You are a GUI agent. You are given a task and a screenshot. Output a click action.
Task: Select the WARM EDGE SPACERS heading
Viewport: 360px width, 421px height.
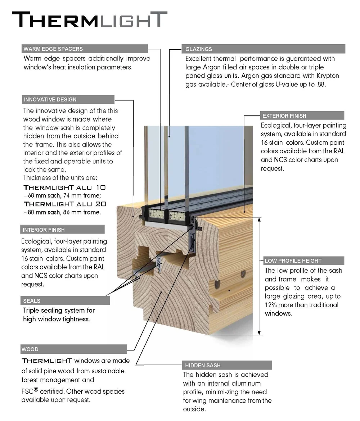coord(53,49)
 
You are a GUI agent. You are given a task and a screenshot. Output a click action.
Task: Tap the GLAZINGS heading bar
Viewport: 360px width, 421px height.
coord(199,49)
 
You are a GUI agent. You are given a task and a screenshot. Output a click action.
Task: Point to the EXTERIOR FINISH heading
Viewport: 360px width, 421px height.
coord(284,116)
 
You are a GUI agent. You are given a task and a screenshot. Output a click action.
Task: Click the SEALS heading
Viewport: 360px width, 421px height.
coord(32,300)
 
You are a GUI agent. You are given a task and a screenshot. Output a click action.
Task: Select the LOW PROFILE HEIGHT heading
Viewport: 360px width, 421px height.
coord(293,261)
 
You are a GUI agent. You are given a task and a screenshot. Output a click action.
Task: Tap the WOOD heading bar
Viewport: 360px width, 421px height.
coord(30,349)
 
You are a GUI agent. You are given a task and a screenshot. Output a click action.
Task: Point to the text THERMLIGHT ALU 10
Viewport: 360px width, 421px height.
coord(65,187)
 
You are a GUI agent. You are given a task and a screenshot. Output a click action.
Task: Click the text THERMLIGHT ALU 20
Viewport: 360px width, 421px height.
coord(65,204)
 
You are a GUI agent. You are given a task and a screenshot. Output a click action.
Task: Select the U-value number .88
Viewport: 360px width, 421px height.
coord(322,85)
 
